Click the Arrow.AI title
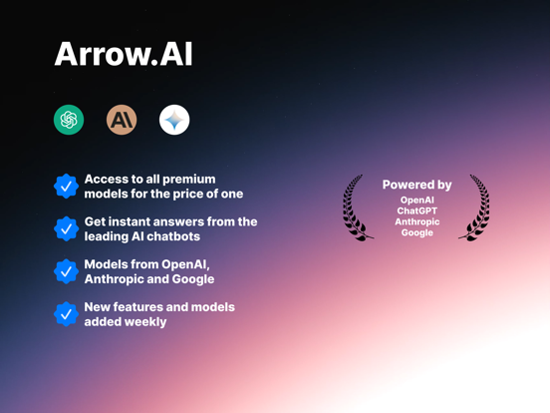tap(124, 54)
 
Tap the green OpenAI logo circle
tap(69, 120)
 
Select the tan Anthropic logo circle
tap(122, 120)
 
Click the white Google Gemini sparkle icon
tap(174, 120)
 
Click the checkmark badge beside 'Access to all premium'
tap(67, 187)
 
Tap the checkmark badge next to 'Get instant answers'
tap(67, 229)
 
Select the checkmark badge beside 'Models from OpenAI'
tap(67, 271)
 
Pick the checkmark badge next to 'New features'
tap(67, 314)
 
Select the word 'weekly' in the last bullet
tap(145, 322)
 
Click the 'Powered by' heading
tap(417, 185)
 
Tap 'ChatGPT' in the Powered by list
tap(417, 210)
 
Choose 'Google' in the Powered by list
tap(417, 232)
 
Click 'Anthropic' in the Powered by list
tap(417, 221)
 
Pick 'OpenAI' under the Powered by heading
tap(417, 200)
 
